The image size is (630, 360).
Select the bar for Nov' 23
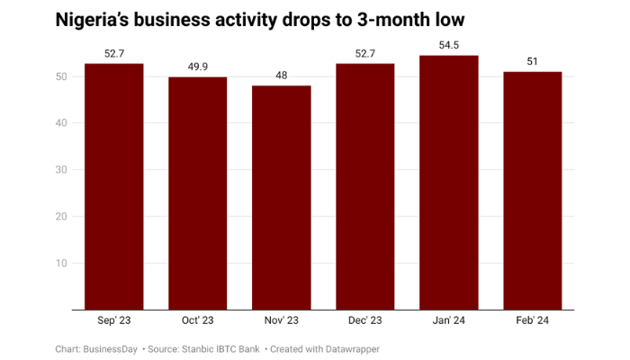pyautogui.click(x=281, y=198)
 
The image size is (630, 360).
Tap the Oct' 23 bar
pyautogui.click(x=197, y=193)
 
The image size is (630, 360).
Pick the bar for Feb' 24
pyautogui.click(x=532, y=191)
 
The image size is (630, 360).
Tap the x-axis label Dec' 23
pyautogui.click(x=364, y=320)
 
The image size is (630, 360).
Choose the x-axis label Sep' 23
pyautogui.click(x=113, y=320)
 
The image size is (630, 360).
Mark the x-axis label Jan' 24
pyautogui.click(x=448, y=320)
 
